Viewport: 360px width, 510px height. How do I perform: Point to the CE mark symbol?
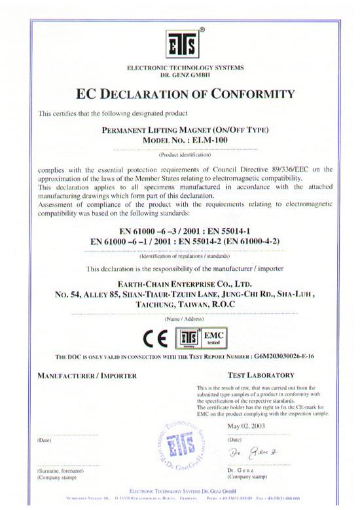pos(155,340)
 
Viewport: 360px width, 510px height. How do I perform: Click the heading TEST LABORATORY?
pos(260,376)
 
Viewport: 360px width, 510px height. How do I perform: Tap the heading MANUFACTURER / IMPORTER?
pos(87,376)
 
